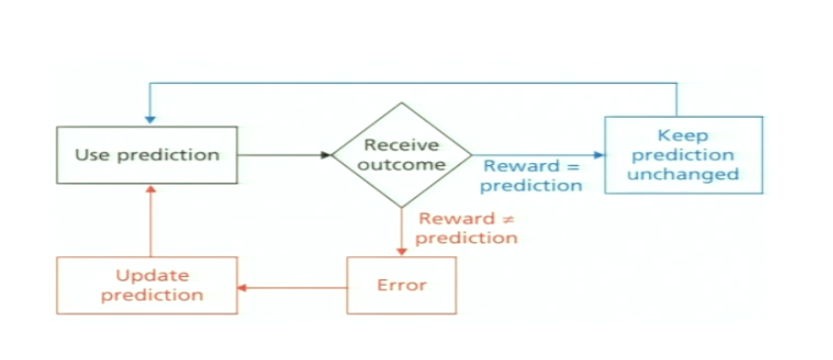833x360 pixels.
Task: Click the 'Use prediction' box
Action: tap(146, 155)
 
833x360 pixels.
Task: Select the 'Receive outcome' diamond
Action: tap(401, 154)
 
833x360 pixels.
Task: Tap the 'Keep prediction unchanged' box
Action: tap(684, 154)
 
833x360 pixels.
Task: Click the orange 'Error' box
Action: tap(401, 285)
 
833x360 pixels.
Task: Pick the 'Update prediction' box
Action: tap(146, 285)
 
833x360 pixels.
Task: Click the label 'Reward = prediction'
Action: tap(532, 175)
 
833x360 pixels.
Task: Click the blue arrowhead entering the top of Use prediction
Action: tap(148, 119)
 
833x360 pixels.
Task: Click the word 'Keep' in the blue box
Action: tap(683, 135)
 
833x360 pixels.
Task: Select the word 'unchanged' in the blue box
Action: tap(685, 174)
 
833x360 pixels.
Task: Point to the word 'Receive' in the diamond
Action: tap(401, 145)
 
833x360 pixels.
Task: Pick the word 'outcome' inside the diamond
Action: tap(401, 164)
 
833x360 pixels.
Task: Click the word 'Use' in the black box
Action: tap(91, 155)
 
